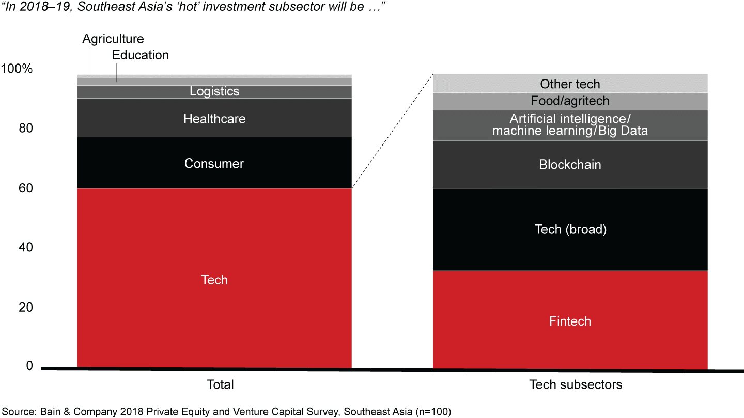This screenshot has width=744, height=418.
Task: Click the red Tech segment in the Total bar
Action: [x=214, y=279]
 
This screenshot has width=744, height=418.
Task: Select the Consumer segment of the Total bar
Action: [x=214, y=163]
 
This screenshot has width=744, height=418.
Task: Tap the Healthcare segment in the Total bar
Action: [x=214, y=118]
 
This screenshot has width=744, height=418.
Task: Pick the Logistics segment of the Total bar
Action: [x=214, y=91]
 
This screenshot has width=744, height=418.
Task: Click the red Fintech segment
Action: [x=570, y=320]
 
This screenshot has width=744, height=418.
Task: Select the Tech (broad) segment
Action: [x=570, y=229]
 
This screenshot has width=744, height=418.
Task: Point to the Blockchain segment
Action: [x=570, y=164]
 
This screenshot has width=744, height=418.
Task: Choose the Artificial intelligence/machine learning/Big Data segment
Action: [x=570, y=125]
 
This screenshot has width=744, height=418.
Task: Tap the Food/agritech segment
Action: [x=570, y=101]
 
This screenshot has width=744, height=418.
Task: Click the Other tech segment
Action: [x=570, y=84]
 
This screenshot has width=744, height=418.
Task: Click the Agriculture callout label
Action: [x=113, y=39]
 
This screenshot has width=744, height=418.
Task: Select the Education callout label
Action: [x=141, y=55]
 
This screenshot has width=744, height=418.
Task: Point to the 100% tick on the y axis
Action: [x=17, y=69]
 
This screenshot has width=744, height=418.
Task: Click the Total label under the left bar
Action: [x=220, y=384]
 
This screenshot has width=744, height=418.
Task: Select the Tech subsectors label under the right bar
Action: [x=576, y=384]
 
